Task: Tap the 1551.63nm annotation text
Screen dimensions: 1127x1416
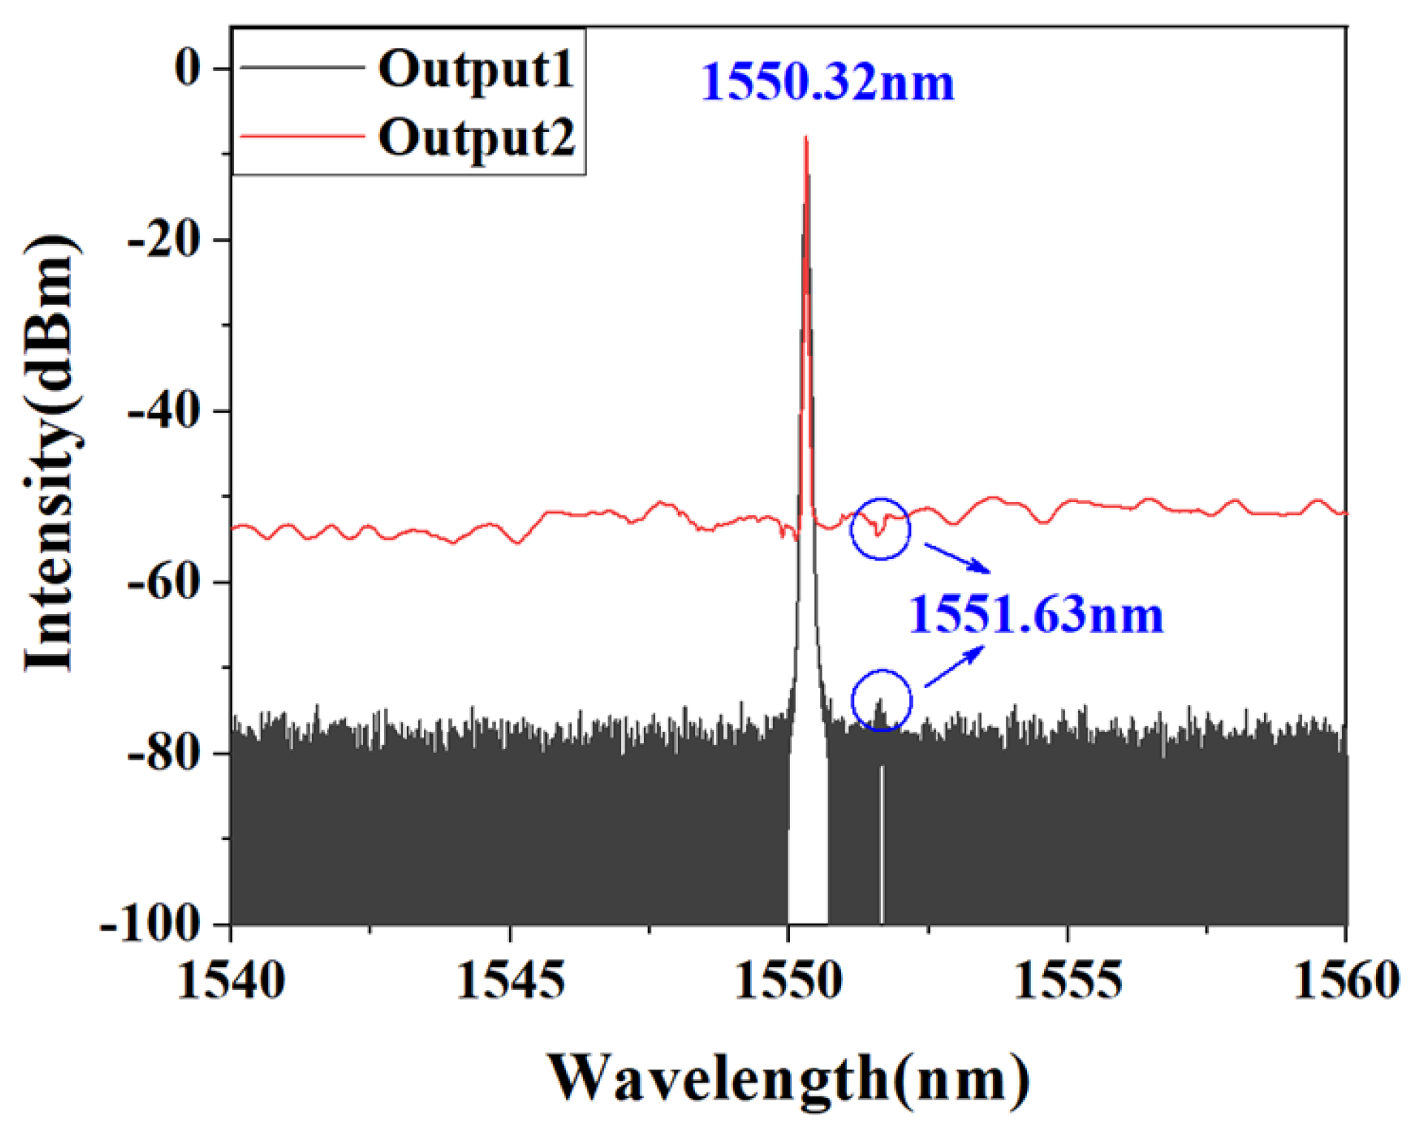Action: [x=1035, y=615]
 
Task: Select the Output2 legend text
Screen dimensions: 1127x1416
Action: [x=476, y=138]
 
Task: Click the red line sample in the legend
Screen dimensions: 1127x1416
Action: [x=302, y=137]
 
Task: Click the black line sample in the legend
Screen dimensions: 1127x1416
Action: [x=302, y=68]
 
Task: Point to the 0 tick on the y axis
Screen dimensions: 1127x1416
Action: [x=188, y=68]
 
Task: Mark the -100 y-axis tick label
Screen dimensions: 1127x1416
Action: [x=152, y=925]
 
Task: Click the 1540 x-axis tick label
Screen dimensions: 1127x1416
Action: [x=231, y=980]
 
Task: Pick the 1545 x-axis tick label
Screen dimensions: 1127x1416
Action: [x=510, y=980]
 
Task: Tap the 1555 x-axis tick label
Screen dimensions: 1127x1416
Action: [x=1067, y=980]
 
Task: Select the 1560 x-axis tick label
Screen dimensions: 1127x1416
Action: [x=1346, y=980]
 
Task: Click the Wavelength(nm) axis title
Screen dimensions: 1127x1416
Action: [x=788, y=1077]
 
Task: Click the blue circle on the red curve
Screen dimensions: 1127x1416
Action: [x=880, y=528]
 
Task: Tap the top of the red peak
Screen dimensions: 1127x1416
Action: [x=805, y=139]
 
